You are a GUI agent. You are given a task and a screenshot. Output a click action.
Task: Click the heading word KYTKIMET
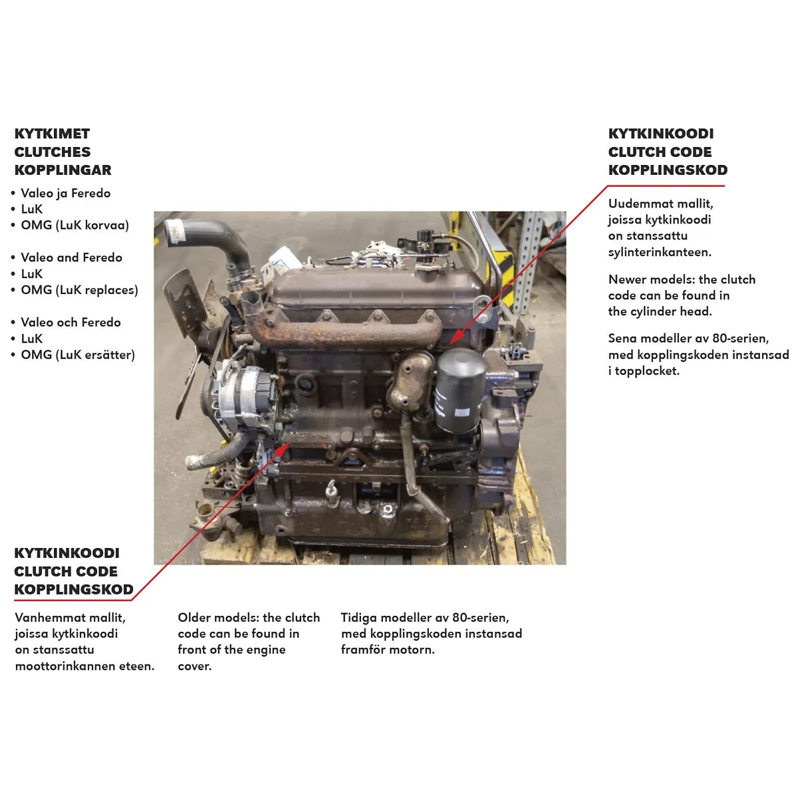52,134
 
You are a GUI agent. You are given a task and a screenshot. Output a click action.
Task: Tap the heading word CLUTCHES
53,152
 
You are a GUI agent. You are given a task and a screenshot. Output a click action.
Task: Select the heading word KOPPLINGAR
63,170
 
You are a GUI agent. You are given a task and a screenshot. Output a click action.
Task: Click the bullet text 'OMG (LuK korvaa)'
75,225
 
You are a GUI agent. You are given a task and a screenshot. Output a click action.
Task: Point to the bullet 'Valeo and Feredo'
72,257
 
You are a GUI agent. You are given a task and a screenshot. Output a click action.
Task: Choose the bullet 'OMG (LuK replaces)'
80,290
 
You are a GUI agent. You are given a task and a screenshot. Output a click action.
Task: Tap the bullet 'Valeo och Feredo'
70,322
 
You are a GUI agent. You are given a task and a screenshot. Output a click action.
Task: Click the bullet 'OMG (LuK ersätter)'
78,355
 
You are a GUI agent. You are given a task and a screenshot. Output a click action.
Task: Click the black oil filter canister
460,390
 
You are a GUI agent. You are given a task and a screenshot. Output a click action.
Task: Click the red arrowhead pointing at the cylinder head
454,338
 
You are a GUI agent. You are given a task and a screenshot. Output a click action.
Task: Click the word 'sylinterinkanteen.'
660,252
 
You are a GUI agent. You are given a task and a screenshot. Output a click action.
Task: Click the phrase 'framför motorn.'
388,650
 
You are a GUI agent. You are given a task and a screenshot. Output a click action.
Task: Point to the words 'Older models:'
219,618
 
